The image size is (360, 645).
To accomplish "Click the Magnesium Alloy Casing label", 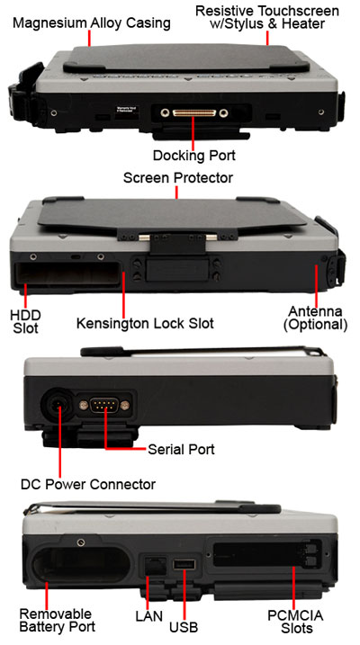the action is click(91, 23).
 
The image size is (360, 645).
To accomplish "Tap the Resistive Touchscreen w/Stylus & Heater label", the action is click(267, 17).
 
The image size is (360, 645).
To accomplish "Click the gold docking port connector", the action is click(194, 112).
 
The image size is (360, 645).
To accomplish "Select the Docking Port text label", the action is click(194, 156).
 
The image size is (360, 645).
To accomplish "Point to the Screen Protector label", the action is click(177, 178).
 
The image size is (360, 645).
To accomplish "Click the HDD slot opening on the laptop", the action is click(67, 273).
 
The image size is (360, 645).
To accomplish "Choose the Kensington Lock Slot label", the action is click(145, 323).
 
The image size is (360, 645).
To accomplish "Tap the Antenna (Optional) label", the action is click(315, 318).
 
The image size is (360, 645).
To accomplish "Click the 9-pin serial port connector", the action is click(104, 406).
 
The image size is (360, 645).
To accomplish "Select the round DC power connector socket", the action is click(58, 406).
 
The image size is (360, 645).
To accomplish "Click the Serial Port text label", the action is click(181, 449).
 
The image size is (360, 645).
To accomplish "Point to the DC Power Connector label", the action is click(88, 484).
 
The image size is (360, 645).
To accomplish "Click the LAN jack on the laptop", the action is click(154, 566).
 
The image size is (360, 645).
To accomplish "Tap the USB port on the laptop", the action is click(184, 565).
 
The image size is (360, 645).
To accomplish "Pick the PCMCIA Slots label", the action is click(295, 622).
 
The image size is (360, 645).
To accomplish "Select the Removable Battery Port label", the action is click(58, 621).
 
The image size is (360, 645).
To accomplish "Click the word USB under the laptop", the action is click(184, 627).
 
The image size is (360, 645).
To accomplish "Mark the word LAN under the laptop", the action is click(148, 616).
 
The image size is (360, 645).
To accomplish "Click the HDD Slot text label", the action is click(25, 322).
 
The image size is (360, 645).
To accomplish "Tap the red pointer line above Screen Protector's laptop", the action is click(176, 193).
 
